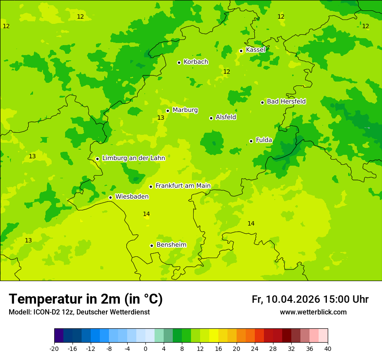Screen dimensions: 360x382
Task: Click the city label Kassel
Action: (x=255, y=50)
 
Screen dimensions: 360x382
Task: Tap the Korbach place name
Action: (x=196, y=62)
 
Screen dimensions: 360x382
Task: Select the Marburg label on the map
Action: (x=185, y=110)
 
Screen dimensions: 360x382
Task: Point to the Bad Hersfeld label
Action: (x=286, y=101)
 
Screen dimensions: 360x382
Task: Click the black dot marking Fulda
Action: (x=251, y=141)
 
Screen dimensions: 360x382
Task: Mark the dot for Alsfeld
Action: (x=211, y=118)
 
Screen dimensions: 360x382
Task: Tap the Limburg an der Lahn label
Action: (x=133, y=158)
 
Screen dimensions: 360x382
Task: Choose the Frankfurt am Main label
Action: (x=183, y=186)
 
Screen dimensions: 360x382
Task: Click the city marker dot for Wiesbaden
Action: (x=110, y=197)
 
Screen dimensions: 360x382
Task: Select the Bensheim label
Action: (x=171, y=245)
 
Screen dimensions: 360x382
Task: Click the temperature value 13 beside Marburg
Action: (x=161, y=118)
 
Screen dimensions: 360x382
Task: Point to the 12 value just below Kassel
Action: (x=226, y=72)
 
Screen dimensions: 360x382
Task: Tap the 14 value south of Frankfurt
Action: (x=146, y=214)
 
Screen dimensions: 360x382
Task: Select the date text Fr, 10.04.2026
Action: (x=286, y=299)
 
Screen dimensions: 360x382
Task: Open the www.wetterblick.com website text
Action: (x=313, y=312)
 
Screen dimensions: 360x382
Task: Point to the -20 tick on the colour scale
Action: (x=54, y=349)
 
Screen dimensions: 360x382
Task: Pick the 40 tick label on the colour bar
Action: (x=328, y=349)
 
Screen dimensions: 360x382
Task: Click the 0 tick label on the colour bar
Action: (x=145, y=349)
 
